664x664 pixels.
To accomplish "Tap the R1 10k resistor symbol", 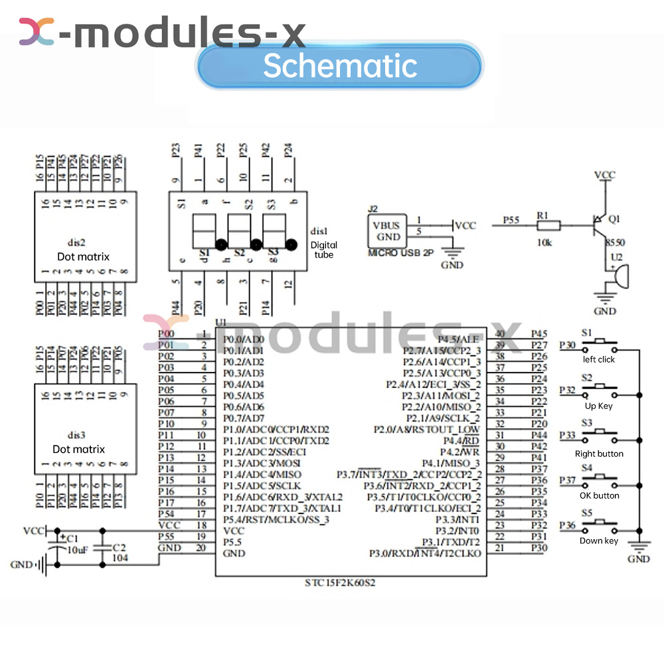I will (549, 226).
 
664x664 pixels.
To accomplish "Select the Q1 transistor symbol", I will (600, 225).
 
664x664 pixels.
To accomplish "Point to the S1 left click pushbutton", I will (600, 345).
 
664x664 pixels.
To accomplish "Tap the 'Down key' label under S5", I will (599, 540).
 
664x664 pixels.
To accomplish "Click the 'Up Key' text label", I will (599, 406).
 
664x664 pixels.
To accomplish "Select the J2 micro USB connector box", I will (386, 231).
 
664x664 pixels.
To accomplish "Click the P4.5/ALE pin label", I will (459, 339).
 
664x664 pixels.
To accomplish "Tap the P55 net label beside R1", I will (511, 219).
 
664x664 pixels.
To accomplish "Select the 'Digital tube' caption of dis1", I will (323, 250).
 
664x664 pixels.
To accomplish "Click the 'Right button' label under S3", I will (599, 454).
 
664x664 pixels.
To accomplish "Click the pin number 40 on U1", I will (500, 335).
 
